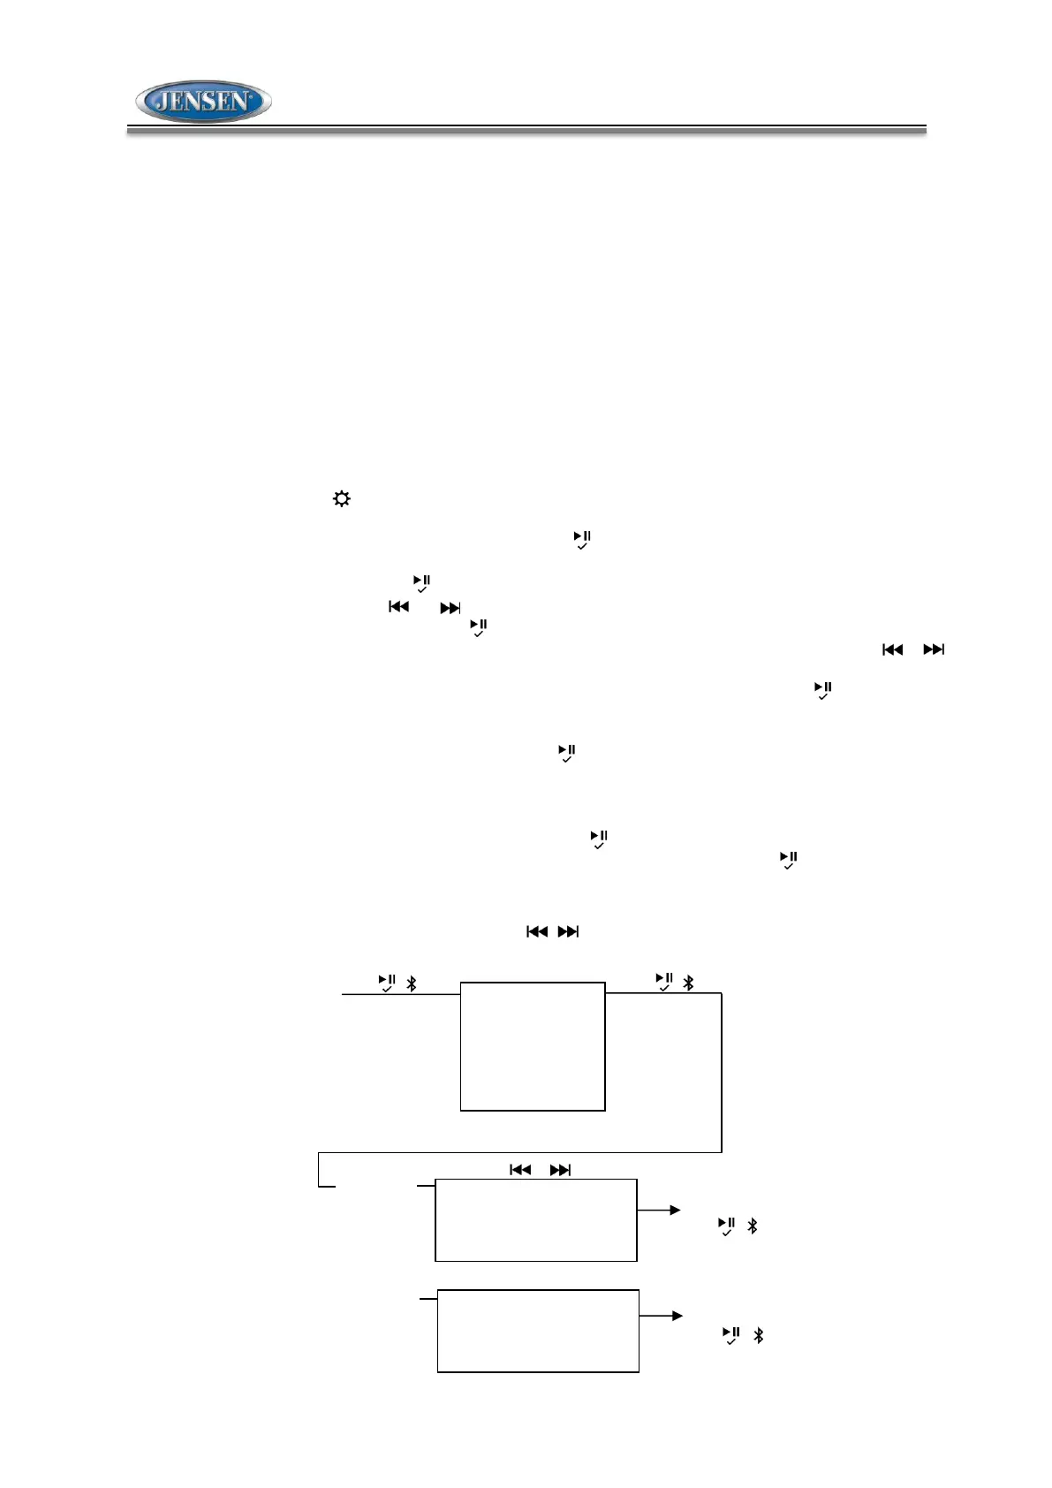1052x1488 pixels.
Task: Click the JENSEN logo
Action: coord(203,102)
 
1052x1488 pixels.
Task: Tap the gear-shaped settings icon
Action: coord(341,499)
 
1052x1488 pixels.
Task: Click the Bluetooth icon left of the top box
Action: coord(411,983)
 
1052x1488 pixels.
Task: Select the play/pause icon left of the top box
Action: coord(387,983)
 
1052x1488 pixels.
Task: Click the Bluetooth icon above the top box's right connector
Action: coord(689,983)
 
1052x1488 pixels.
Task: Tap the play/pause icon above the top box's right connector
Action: coord(664,982)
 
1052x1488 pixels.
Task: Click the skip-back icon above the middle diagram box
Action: coord(520,1170)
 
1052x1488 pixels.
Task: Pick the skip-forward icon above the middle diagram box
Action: coord(560,1170)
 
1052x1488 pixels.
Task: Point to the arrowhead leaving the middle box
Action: coord(676,1211)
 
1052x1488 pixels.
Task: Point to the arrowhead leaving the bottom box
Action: coord(677,1316)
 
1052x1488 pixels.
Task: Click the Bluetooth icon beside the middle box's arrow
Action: coord(753,1226)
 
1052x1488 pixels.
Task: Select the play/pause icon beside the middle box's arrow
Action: coord(726,1226)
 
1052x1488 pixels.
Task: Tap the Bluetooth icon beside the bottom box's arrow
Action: coord(758,1335)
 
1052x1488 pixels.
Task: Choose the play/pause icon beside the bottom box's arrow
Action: coord(731,1335)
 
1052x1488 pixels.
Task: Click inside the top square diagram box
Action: coord(533,1046)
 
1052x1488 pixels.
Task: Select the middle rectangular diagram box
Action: coord(536,1219)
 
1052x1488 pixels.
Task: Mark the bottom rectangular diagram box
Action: coord(538,1331)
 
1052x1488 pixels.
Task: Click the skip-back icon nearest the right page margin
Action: coord(893,650)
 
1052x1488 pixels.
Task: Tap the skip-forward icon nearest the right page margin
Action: coord(934,650)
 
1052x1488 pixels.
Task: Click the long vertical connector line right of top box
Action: coord(722,1073)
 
